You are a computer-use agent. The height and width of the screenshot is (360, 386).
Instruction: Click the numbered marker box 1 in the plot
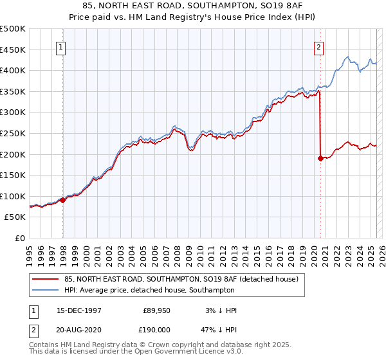[x=60, y=46]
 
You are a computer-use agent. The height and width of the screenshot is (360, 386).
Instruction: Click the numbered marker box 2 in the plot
[x=318, y=46]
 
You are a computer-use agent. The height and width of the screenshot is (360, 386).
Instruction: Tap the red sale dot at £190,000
[x=320, y=157]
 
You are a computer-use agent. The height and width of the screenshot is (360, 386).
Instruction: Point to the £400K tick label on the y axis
[x=13, y=70]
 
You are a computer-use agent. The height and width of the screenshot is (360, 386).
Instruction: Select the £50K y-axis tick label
[x=15, y=217]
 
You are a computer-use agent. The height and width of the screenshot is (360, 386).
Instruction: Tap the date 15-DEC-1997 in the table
[x=78, y=310]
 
